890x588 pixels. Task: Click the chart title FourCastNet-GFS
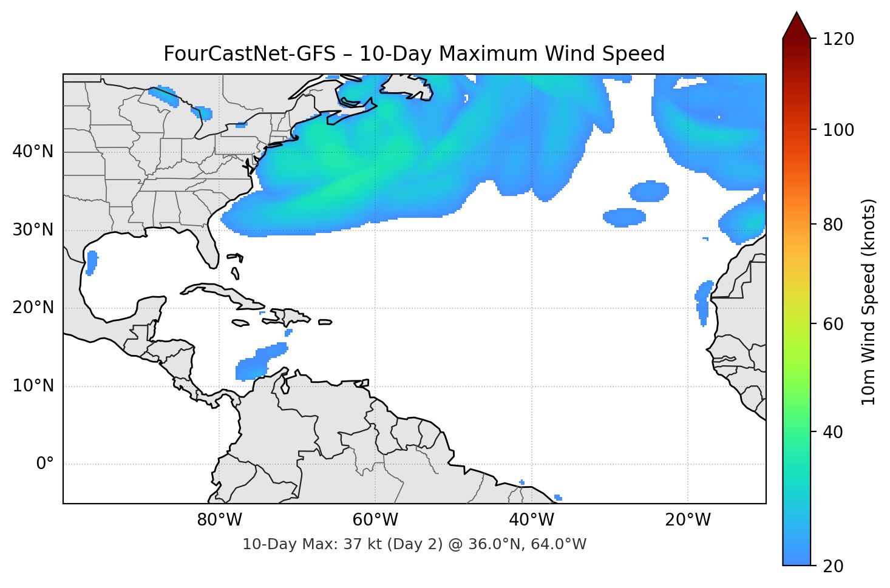pyautogui.click(x=414, y=54)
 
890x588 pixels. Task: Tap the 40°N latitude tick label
pyautogui.click(x=33, y=151)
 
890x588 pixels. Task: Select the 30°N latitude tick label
pyautogui.click(x=33, y=230)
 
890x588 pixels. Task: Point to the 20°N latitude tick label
pyautogui.click(x=33, y=308)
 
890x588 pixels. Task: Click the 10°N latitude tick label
pyautogui.click(x=33, y=386)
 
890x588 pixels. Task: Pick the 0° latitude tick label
pyautogui.click(x=45, y=464)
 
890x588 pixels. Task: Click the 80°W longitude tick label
pyautogui.click(x=219, y=520)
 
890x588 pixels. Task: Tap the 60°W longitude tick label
pyautogui.click(x=375, y=520)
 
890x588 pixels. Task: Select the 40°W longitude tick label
pyautogui.click(x=531, y=520)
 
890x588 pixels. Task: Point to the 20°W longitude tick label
pyautogui.click(x=687, y=520)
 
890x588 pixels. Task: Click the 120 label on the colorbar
pyautogui.click(x=838, y=39)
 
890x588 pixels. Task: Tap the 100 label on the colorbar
pyautogui.click(x=838, y=130)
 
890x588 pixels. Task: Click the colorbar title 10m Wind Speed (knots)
pyautogui.click(x=869, y=302)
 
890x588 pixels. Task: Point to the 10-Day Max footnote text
pyautogui.click(x=414, y=544)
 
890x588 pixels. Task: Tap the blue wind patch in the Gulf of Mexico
pyautogui.click(x=92, y=262)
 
